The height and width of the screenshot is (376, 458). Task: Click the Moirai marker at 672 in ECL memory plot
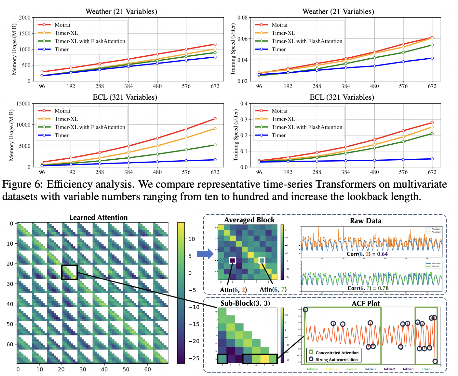tap(215, 119)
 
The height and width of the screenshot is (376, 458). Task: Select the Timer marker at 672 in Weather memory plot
tap(215, 57)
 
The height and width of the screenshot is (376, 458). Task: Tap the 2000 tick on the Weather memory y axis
tap(25, 18)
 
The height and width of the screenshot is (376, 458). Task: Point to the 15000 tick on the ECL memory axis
tap(23, 104)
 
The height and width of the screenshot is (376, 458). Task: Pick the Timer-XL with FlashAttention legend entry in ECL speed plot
tap(307, 127)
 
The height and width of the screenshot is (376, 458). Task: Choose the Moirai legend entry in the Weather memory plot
tap(62, 25)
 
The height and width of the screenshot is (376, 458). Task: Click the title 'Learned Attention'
tap(99, 218)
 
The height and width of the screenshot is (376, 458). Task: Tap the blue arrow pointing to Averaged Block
tap(205, 253)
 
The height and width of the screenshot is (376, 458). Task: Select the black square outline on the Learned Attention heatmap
tap(69, 272)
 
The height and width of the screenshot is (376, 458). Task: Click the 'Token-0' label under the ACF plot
tap(427, 369)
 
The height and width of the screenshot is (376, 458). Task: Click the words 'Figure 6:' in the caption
tap(22, 184)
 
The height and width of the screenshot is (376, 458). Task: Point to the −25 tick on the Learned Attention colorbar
tap(194, 358)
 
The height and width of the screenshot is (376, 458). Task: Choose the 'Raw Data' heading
tap(366, 221)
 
